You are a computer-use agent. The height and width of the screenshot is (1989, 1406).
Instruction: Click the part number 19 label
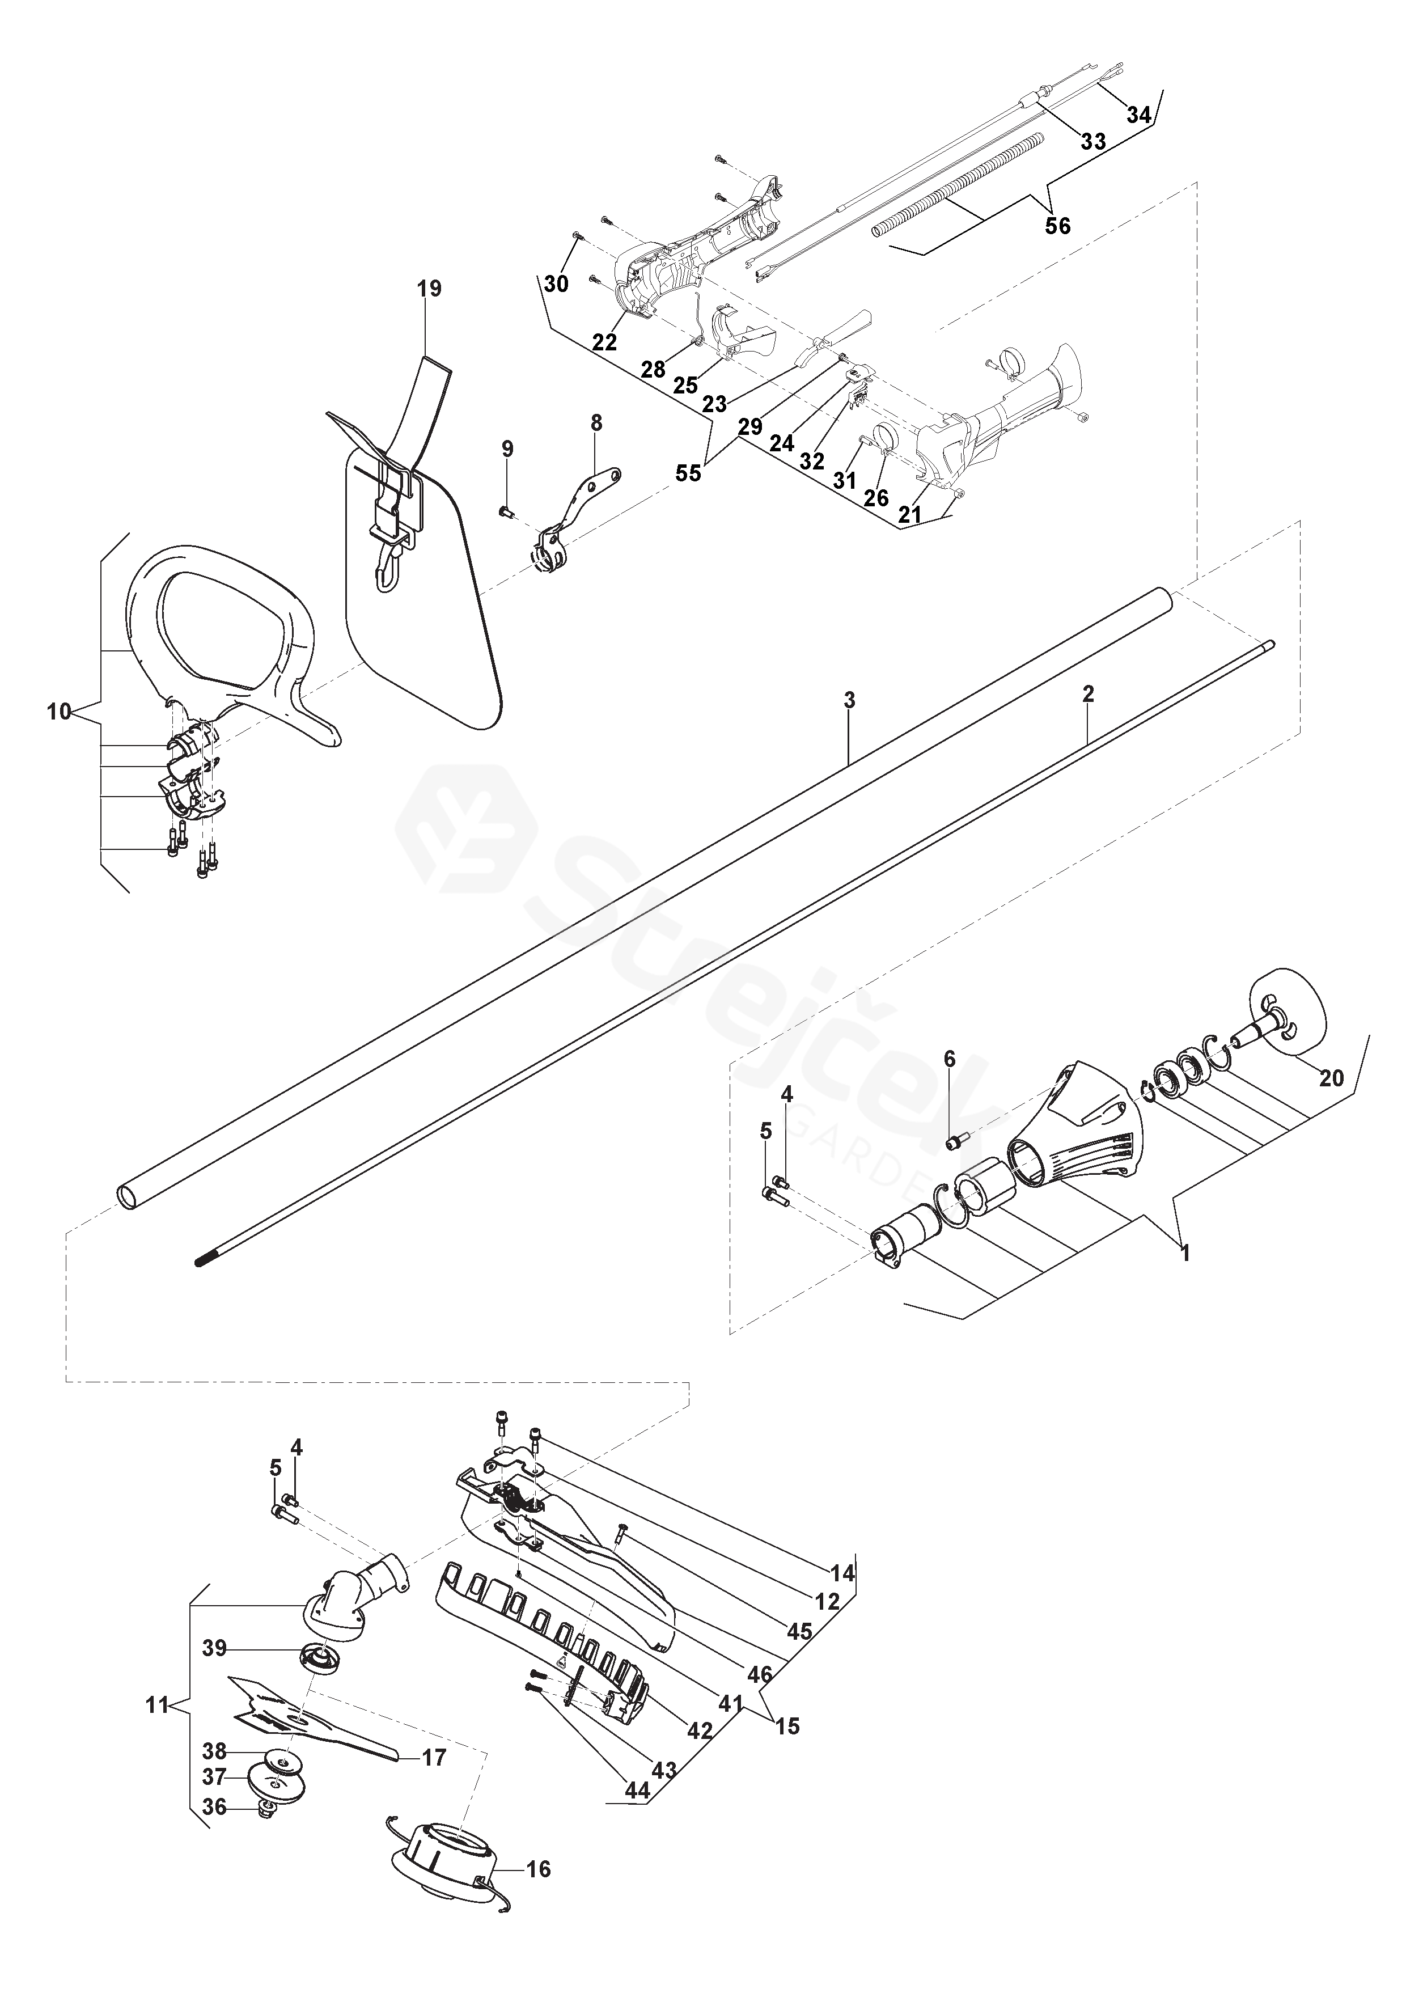tap(429, 289)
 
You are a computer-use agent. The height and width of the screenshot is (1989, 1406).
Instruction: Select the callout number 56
tap(1058, 226)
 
